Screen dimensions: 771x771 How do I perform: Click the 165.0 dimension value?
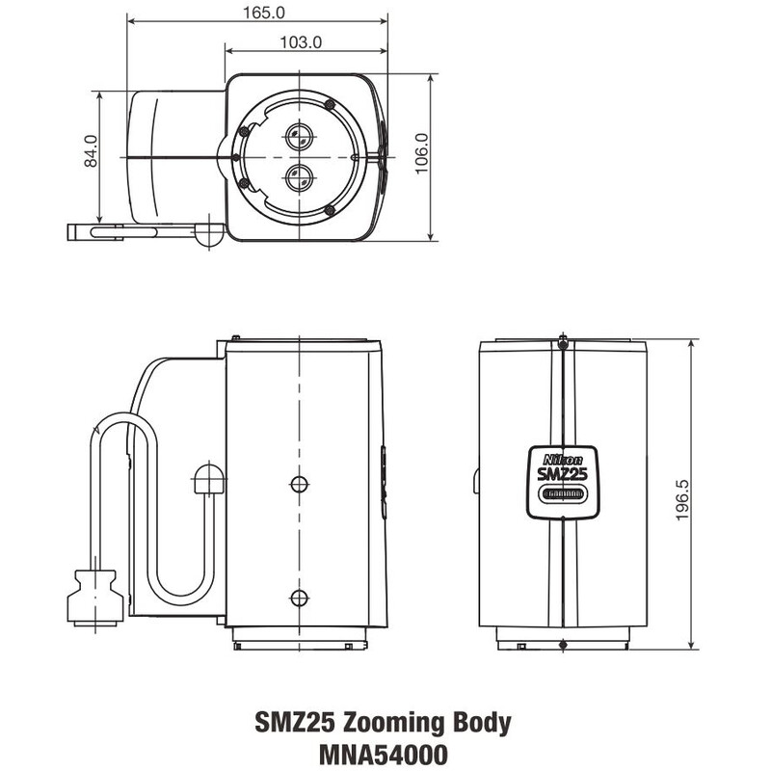[257, 13]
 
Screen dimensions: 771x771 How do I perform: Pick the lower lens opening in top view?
[298, 176]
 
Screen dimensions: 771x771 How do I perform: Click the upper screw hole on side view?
[298, 482]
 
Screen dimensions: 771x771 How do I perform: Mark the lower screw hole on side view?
[298, 596]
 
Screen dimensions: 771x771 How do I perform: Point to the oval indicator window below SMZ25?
[562, 493]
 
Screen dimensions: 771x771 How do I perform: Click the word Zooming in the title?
[391, 722]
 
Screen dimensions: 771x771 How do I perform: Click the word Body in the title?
[479, 722]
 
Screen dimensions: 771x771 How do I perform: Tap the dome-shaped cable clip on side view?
[209, 477]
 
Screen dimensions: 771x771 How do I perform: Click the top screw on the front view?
[562, 341]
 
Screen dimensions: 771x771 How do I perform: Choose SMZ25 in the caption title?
[295, 722]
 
